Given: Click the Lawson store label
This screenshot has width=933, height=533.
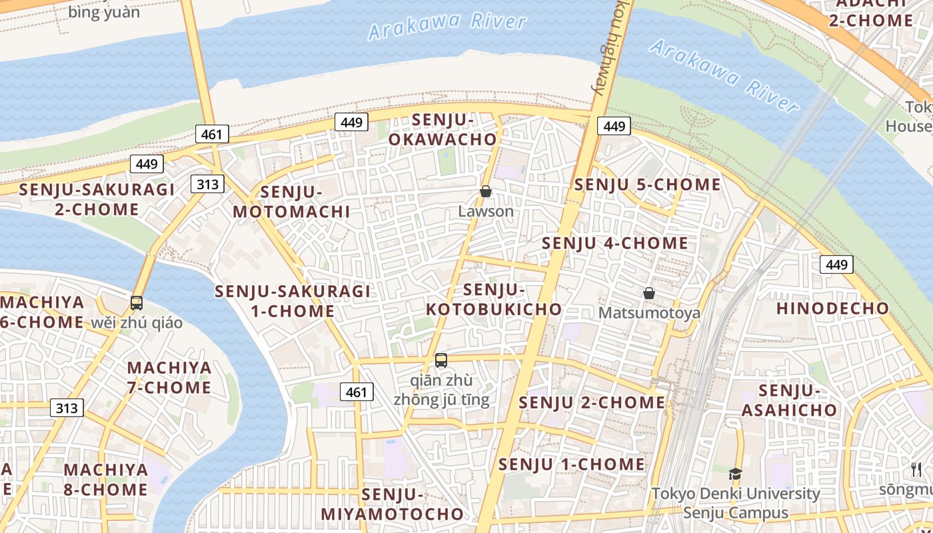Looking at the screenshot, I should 486,211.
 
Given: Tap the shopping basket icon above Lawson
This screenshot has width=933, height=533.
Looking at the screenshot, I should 486,192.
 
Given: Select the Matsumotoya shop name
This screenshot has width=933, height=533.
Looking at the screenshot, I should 649,312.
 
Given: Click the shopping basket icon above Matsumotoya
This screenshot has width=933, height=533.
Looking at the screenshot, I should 648,293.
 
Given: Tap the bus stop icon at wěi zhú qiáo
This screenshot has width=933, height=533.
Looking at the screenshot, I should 137,303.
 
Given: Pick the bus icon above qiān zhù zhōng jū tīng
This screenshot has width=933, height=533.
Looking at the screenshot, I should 441,360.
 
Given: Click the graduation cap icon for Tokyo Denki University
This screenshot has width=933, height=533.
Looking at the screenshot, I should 735,474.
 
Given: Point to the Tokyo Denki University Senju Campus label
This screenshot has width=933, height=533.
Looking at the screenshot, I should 735,503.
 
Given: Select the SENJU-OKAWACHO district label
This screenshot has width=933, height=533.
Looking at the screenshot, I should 443,129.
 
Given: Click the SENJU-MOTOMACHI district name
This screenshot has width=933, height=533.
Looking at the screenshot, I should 291,202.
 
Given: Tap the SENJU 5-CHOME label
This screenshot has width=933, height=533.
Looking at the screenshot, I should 648,185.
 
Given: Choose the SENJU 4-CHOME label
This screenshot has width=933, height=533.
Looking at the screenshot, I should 614,243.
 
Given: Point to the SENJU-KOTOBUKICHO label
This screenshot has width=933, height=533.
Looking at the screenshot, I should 494,300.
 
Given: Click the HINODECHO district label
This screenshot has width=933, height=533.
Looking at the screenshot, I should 832,308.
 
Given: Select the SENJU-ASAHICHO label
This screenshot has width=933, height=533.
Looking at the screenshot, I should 788,400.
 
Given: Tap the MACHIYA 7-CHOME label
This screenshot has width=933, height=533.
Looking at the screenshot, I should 169,377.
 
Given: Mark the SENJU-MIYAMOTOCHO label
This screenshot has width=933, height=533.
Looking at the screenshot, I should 392,504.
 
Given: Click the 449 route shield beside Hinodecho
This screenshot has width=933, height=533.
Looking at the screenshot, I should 836,265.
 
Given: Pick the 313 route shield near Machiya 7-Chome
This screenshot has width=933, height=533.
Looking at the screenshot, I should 67,408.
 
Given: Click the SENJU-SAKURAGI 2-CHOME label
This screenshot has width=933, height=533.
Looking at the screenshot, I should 97,199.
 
